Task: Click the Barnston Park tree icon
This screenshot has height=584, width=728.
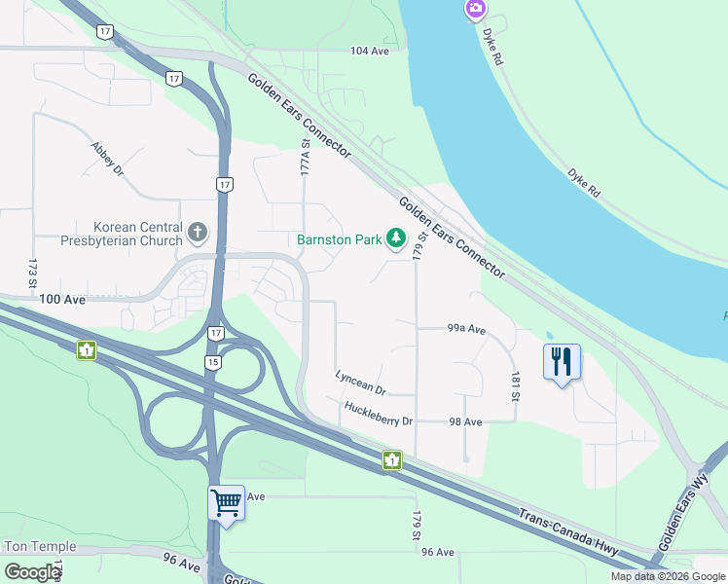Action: [x=395, y=237]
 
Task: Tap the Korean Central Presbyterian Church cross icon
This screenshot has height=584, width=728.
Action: [x=198, y=232]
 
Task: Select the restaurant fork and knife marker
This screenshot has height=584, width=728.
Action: [x=562, y=362]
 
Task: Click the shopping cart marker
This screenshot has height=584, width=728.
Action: [x=226, y=503]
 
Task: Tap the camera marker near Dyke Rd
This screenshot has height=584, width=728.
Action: [x=475, y=10]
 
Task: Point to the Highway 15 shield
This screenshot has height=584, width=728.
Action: [x=212, y=362]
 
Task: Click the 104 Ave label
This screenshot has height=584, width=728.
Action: [x=369, y=50]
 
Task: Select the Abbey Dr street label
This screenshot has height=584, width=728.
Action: [x=107, y=158]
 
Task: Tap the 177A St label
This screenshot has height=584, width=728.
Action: [x=305, y=157]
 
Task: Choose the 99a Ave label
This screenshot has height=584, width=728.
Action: [x=466, y=329]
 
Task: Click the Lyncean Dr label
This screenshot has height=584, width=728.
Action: [x=360, y=382]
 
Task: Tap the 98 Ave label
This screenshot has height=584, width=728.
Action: [x=466, y=421]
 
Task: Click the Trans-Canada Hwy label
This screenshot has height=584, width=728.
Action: [x=568, y=533]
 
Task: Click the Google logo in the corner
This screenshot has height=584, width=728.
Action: [x=32, y=571]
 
